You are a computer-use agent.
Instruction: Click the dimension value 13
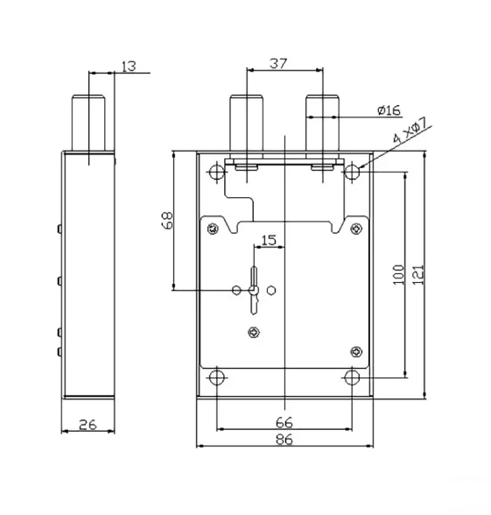[x=129, y=67]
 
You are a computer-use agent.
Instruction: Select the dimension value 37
[x=278, y=63]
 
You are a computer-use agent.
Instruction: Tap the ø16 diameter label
[x=389, y=110]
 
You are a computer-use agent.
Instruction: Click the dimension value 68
[x=167, y=220]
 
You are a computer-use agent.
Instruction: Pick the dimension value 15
[x=269, y=240]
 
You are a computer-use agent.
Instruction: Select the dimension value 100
[x=398, y=275]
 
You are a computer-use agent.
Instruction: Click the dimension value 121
[x=417, y=275]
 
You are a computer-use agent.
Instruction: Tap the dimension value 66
[x=284, y=422]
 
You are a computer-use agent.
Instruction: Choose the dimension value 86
[x=284, y=439]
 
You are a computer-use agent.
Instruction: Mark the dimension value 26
[x=88, y=425]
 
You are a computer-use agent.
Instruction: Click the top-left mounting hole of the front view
[x=217, y=172]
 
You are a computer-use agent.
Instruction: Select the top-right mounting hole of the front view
[x=352, y=172]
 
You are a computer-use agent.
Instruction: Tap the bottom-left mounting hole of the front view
[x=217, y=377]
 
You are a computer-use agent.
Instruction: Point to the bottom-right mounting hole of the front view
[x=352, y=377]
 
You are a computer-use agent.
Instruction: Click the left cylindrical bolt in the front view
[x=247, y=123]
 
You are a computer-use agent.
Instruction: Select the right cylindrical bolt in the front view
[x=322, y=123]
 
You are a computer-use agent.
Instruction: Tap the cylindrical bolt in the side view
[x=88, y=123]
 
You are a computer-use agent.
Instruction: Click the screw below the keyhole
[x=254, y=333]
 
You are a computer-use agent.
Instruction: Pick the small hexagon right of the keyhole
[x=271, y=290]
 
